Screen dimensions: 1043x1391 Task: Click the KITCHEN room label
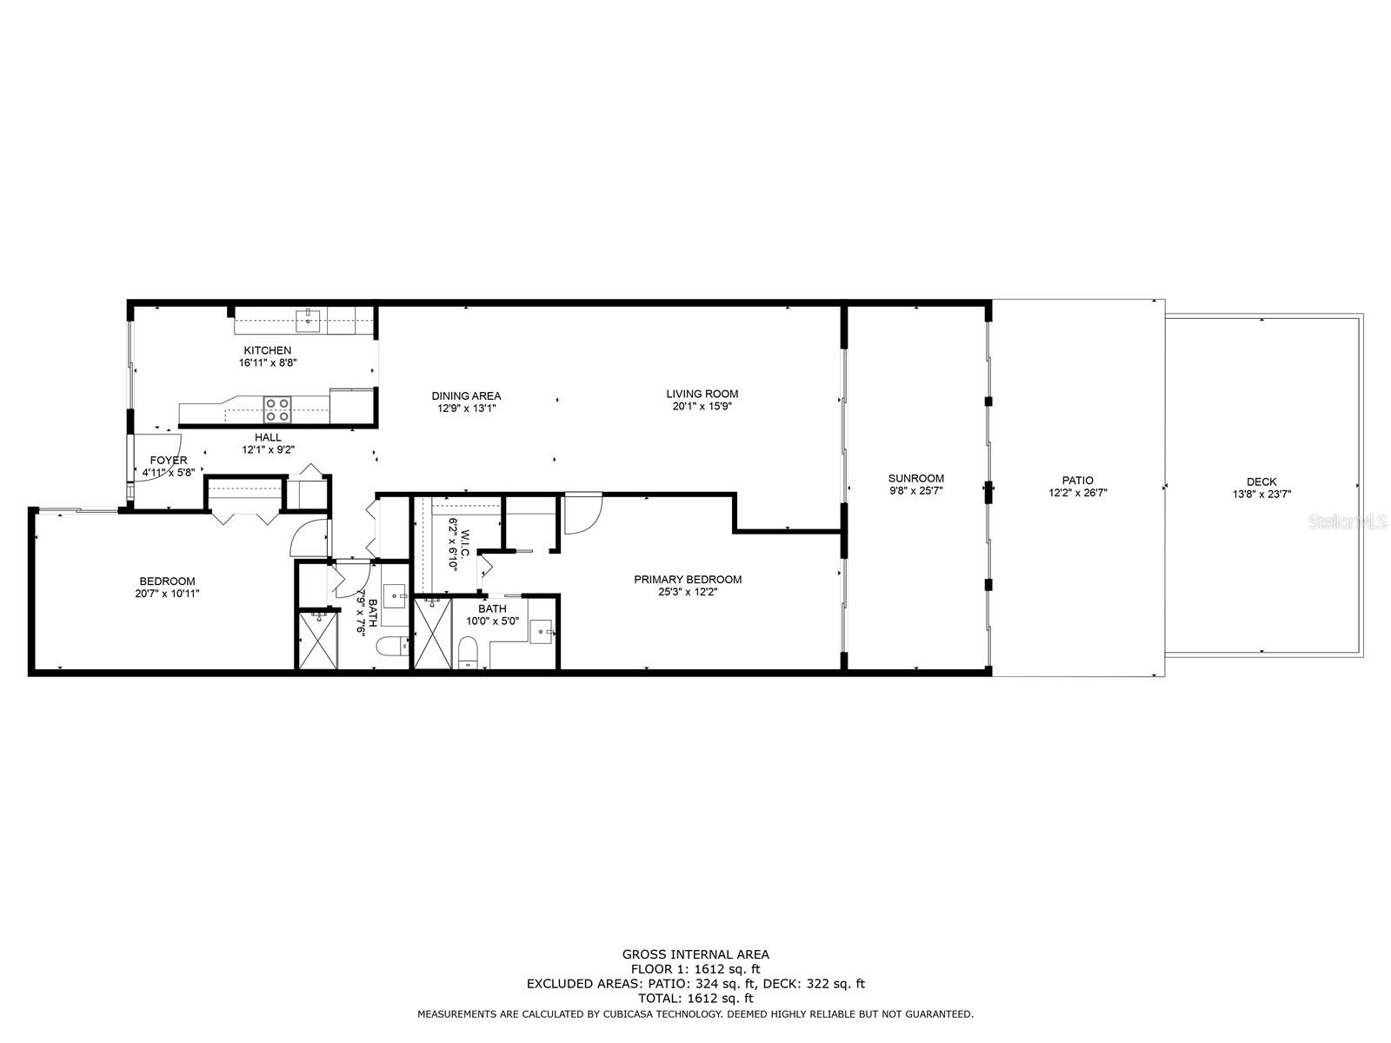point(267,350)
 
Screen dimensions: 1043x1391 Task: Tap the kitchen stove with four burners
point(277,409)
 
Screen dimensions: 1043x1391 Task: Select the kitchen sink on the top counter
point(308,321)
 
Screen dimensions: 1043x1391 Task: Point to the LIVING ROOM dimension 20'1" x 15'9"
point(702,406)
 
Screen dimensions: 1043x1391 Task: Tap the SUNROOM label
point(915,478)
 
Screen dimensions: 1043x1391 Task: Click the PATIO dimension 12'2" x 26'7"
point(1077,492)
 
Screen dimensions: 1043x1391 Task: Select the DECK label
point(1261,482)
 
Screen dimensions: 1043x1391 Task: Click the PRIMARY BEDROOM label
point(687,580)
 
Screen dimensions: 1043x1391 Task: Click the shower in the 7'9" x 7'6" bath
point(316,640)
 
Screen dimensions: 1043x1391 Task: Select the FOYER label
point(168,461)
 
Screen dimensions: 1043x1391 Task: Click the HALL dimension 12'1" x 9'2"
point(268,449)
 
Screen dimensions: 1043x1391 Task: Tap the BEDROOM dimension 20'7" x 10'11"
point(168,594)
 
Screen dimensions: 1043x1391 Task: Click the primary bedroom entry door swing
point(580,513)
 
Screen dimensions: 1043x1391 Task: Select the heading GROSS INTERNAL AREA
point(695,954)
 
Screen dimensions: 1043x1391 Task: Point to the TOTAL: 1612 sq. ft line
point(695,999)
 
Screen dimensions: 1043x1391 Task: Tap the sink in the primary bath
point(541,631)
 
